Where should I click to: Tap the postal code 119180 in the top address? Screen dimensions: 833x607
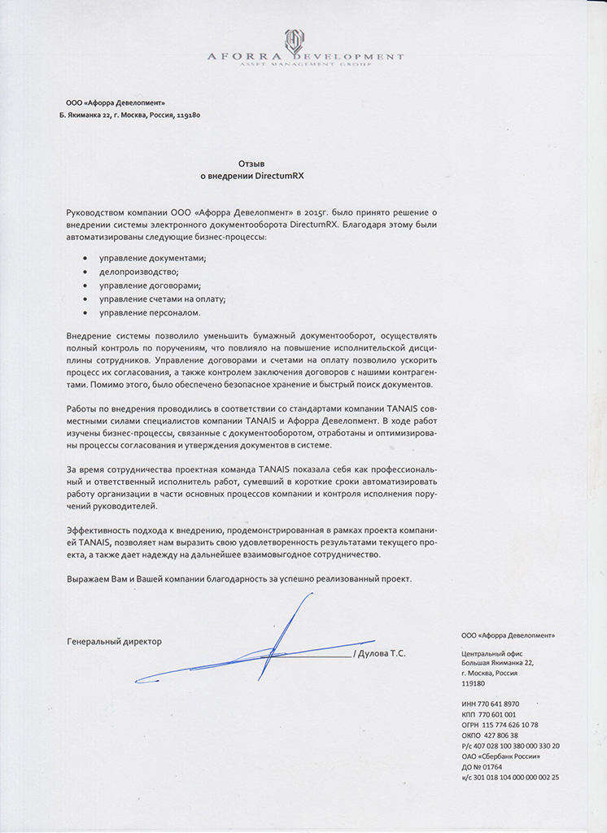189,116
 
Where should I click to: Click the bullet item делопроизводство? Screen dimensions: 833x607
138,272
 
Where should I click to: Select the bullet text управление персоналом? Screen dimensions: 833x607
150,312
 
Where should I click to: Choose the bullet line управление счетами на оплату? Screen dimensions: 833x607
162,299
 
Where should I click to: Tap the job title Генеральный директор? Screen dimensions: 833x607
114,641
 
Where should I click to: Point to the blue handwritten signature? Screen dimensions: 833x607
269,647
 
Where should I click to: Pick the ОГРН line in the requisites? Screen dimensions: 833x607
499,724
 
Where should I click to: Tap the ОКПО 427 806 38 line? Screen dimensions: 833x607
489,735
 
